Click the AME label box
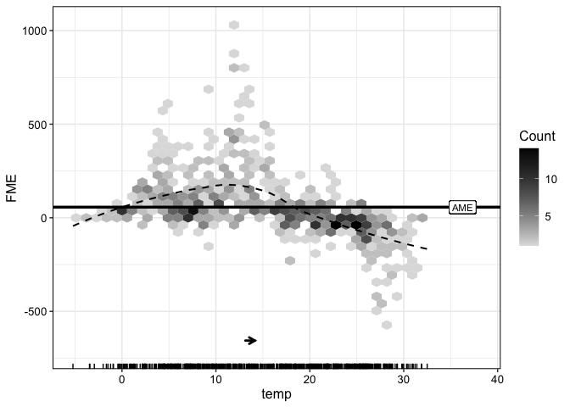tap(462, 207)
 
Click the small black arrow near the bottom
tap(251, 340)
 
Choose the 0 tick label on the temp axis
tap(121, 379)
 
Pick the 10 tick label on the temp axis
tap(215, 379)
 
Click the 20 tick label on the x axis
tap(310, 379)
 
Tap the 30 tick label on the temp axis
tap(404, 379)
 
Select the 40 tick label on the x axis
tap(497, 379)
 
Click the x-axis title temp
tap(277, 395)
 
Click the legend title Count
tap(538, 137)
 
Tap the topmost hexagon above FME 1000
tap(234, 25)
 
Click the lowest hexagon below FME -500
tap(387, 325)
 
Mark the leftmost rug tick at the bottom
tap(74, 366)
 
